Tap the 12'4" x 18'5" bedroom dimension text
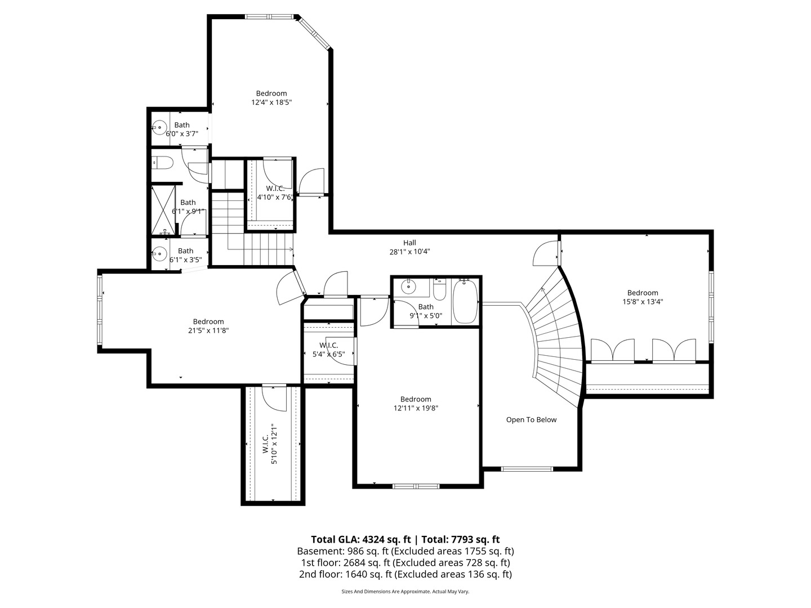point(271,102)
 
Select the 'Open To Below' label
point(531,419)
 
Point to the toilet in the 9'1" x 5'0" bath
point(440,289)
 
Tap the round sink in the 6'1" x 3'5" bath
point(159,253)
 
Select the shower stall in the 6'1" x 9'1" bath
point(163,209)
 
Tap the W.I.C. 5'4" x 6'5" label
point(328,350)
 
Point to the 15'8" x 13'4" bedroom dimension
point(643,301)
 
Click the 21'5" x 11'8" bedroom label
point(208,321)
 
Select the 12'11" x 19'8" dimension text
point(416,408)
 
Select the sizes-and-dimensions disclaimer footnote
point(405,592)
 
